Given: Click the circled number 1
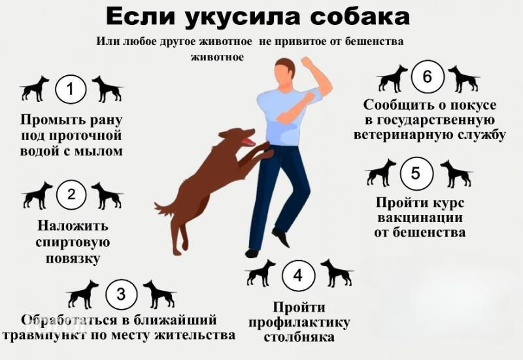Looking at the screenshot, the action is tap(71, 90).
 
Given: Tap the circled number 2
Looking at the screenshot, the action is tap(71, 194).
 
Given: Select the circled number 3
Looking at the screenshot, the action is tap(121, 294).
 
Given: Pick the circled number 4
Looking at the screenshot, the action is tap(298, 275).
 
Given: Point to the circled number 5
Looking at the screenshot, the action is tap(416, 173).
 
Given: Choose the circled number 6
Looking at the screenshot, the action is tap(428, 76).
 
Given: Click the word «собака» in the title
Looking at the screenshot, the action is tap(360, 17).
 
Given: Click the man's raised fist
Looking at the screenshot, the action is tap(306, 62).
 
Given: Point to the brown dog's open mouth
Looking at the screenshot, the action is tap(248, 140).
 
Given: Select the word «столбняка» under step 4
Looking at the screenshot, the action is tap(299, 337).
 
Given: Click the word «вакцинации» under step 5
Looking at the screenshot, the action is tap(420, 218).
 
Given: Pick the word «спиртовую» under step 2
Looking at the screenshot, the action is tap(73, 242).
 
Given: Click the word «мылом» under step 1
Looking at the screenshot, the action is tap(99, 152).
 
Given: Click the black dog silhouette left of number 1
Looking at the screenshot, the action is tap(35, 88).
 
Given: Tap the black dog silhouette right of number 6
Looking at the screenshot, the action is tap(464, 78).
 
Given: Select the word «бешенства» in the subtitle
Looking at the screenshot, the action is tap(374, 41).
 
